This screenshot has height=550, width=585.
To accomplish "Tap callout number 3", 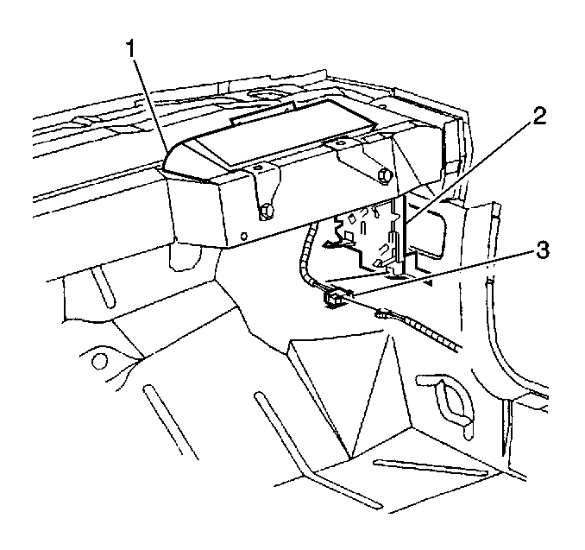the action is pyautogui.click(x=543, y=251).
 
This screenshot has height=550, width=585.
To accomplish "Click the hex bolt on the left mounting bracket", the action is pyautogui.click(x=267, y=212).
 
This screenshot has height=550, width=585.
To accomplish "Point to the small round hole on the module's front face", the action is pyautogui.click(x=244, y=236).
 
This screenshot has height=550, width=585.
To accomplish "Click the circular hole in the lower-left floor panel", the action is pyautogui.click(x=99, y=361).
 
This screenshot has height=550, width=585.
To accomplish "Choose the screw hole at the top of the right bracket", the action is pyautogui.click(x=339, y=143).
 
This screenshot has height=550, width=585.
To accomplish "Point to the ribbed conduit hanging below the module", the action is pyautogui.click(x=306, y=255).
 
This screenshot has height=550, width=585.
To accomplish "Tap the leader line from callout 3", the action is pyautogui.click(x=442, y=273).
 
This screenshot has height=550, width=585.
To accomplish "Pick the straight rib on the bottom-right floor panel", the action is pyautogui.click(x=431, y=468).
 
